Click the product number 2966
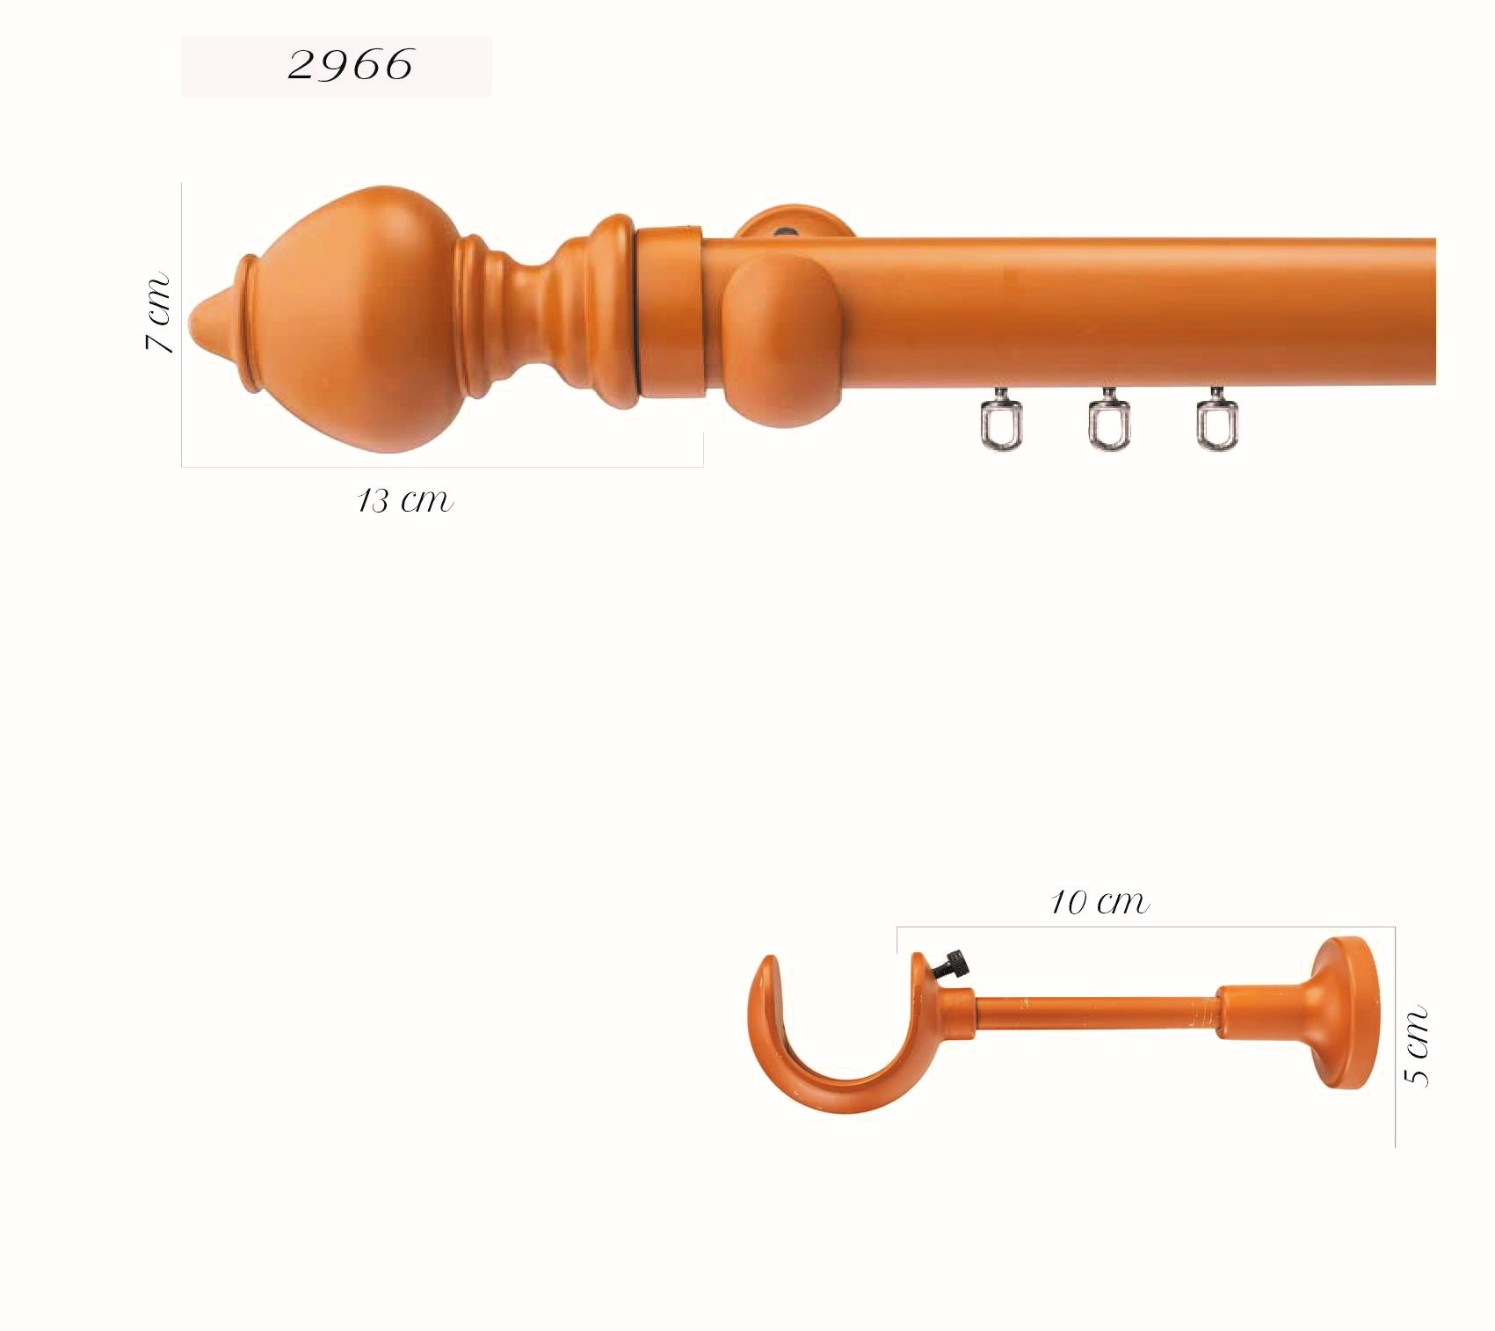350,65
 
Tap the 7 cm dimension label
157,313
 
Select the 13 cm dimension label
405,500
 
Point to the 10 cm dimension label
1099,902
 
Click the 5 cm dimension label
1415,1046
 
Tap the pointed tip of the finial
193,317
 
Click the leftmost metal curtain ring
1001,420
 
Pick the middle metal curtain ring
1109,420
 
